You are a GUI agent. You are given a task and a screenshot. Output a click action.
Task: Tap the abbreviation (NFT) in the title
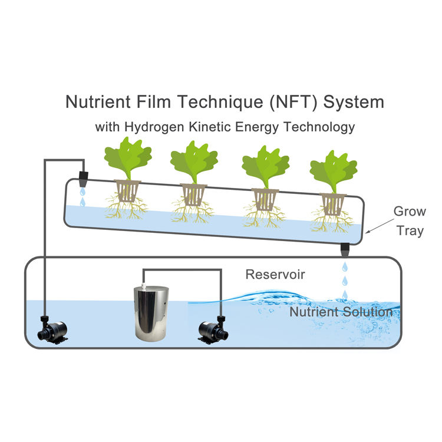point(279,102)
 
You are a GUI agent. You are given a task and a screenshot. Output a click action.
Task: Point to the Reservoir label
point(275,274)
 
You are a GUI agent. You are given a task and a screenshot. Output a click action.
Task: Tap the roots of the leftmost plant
point(125,208)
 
